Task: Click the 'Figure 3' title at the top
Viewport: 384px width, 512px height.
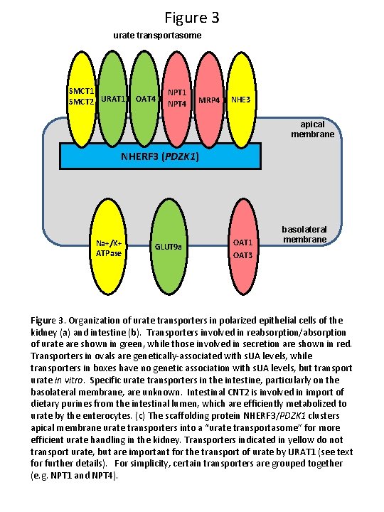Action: pyautogui.click(x=191, y=16)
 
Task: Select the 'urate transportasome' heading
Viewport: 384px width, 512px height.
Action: pyautogui.click(x=157, y=35)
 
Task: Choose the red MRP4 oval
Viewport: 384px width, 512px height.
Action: pyautogui.click(x=209, y=97)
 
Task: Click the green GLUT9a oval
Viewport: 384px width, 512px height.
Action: pyautogui.click(x=169, y=247)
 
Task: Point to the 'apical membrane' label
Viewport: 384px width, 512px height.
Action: pyautogui.click(x=312, y=129)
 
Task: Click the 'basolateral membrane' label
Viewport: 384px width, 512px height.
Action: pyautogui.click(x=304, y=235)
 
